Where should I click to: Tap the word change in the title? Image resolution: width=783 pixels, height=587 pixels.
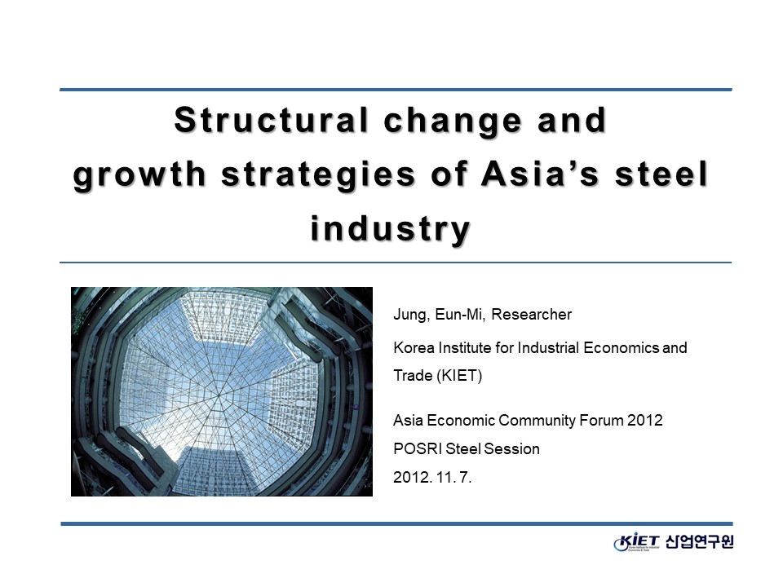(453, 121)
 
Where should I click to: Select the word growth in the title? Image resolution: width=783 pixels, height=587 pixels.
(139, 174)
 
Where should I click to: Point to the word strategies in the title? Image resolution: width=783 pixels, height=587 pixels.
(319, 174)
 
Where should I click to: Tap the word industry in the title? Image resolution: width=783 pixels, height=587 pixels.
(391, 229)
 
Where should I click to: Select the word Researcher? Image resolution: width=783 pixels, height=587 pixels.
(531, 315)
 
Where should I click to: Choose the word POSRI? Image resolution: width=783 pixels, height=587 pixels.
(418, 448)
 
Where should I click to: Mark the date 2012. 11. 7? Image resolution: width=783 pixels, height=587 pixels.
(432, 477)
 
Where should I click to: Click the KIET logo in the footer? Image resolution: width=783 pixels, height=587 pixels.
(637, 542)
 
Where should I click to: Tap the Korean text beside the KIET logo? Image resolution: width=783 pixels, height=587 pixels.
(700, 541)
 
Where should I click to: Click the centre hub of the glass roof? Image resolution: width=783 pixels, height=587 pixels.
(219, 395)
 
